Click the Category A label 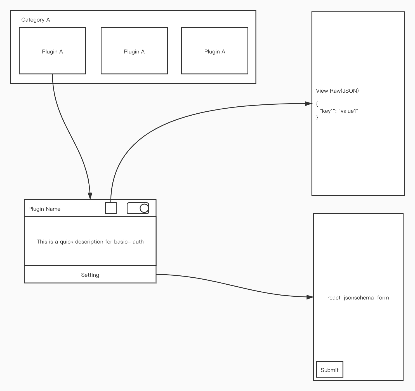[36, 20]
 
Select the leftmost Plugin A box [52, 51]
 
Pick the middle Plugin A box [134, 51]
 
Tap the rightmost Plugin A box [214, 51]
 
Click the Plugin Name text [44, 209]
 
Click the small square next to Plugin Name [111, 208]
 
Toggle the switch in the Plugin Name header [138, 208]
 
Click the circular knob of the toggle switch [144, 208]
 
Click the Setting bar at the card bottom [90, 275]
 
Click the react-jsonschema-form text [358, 298]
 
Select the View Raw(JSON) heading [337, 91]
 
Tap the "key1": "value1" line [339, 111]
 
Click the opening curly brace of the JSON [317, 104]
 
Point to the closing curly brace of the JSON [317, 118]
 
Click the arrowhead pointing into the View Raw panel [308, 104]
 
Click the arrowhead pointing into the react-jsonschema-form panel [310, 297]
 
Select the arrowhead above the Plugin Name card [90, 196]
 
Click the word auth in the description [138, 242]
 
